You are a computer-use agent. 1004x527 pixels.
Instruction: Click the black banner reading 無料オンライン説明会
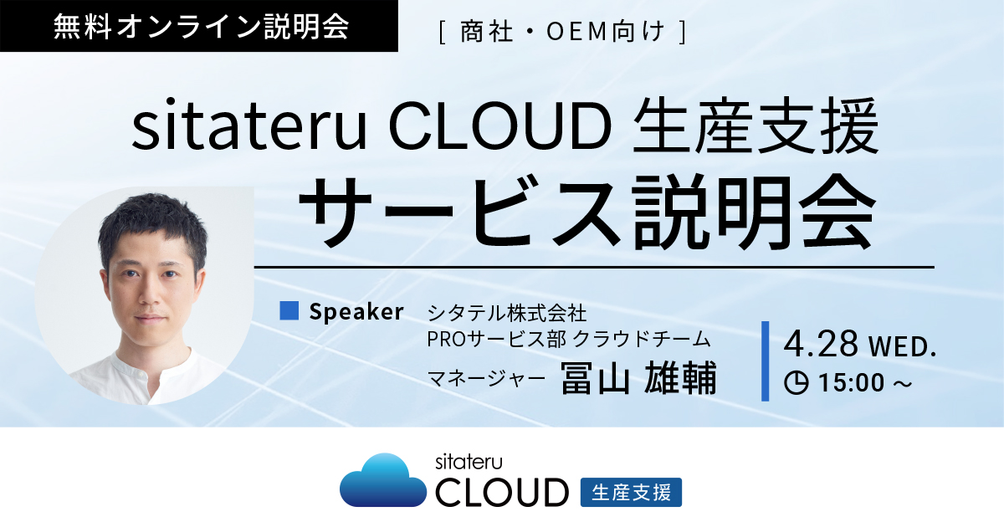coord(198,26)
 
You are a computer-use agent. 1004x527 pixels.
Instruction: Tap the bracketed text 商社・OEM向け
coord(563,32)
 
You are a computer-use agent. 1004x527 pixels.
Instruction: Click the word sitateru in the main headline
coord(249,127)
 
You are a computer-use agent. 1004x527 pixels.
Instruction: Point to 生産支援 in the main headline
coord(756,126)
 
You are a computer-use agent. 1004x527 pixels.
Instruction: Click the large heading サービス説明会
coord(587,212)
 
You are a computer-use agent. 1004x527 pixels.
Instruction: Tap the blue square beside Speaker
coord(289,310)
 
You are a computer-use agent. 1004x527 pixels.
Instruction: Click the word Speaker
coord(356,312)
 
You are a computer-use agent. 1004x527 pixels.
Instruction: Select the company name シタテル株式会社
coord(507,313)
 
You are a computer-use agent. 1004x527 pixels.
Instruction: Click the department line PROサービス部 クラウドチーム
coord(569,340)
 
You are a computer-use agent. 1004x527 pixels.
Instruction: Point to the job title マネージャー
coord(486,379)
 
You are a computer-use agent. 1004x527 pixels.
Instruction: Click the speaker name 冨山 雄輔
coord(638,379)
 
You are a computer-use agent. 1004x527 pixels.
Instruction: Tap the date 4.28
coord(821,343)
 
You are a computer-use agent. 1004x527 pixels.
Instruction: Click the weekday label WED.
coord(903,347)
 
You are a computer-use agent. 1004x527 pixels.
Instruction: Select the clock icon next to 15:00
coord(796,383)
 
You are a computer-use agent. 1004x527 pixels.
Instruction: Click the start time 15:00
coord(852,383)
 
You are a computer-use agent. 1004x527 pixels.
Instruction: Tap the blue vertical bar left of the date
coord(765,361)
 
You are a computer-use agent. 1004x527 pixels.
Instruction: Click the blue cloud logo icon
coord(383,480)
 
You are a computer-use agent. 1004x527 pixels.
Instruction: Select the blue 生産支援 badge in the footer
coord(631,493)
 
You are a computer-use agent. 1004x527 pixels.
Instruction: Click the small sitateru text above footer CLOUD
coord(469,462)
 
